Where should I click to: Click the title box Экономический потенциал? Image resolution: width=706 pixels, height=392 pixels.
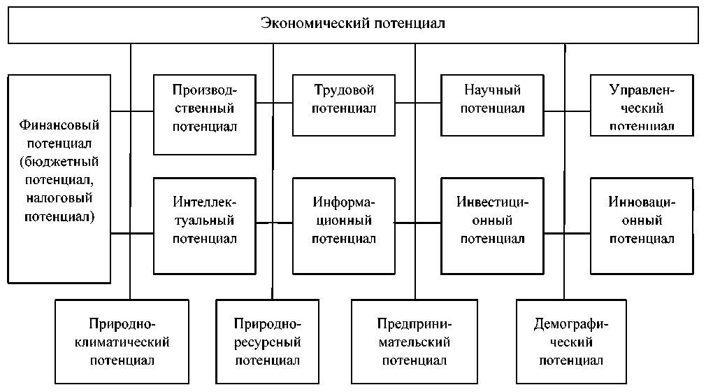[x=352, y=25]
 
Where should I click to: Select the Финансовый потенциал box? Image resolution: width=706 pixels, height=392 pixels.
[x=59, y=172]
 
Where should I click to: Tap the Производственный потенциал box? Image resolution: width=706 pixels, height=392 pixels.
[x=205, y=108]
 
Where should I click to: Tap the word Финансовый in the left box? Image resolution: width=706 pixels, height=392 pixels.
[x=59, y=127]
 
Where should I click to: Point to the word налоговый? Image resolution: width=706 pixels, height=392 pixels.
[x=59, y=199]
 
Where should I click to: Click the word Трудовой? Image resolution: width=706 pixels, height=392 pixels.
[x=344, y=90]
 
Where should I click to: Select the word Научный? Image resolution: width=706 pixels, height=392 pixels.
[x=492, y=90]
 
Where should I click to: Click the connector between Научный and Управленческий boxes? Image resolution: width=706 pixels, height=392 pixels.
[x=567, y=110]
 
